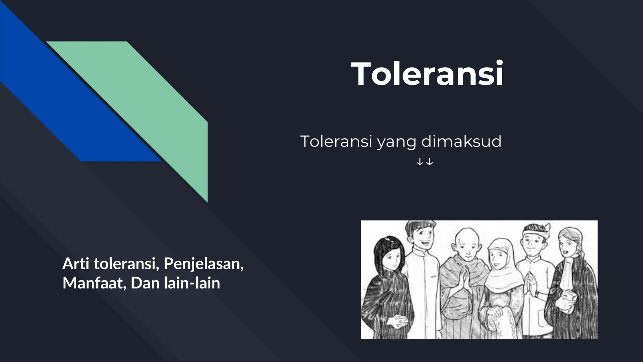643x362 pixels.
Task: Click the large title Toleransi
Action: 427,74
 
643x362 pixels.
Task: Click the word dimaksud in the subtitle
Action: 461,141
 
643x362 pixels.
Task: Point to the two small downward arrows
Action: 424,162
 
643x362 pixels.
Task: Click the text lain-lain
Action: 192,283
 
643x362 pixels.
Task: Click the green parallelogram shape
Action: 151,104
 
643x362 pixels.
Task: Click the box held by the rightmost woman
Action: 568,295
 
